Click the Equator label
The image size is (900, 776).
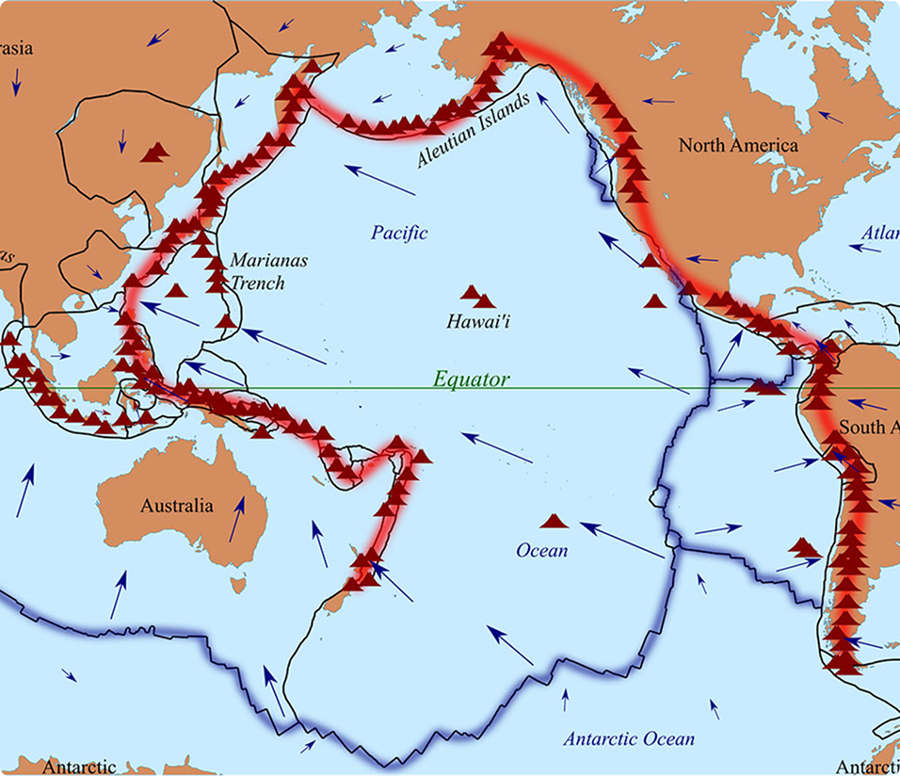pos(472,380)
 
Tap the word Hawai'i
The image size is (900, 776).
pos(484,323)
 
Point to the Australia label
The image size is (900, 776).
pos(177,506)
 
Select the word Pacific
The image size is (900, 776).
pos(399,233)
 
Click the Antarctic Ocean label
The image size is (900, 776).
pos(629,738)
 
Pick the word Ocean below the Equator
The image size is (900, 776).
pos(542,550)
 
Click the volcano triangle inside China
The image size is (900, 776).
pos(156,151)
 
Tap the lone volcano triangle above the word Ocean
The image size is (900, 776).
pos(553,520)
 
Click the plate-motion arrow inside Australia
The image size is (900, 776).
pos(238,519)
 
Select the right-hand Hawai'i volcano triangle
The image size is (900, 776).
pos(486,300)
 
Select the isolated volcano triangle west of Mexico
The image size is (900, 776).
pos(654,300)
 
